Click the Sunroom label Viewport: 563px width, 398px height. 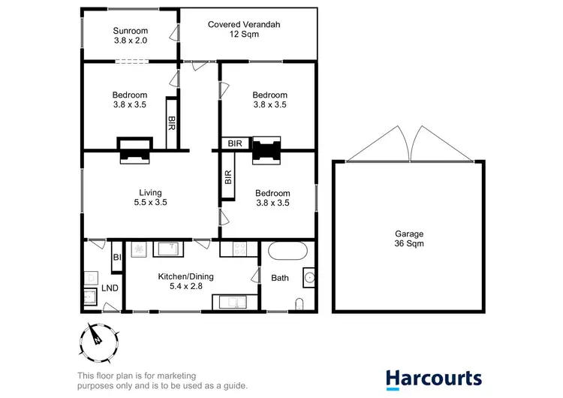pos(129,36)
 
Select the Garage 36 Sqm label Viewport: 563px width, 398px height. pos(408,239)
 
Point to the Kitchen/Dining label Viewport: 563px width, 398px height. pos(185,282)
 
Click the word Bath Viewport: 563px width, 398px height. pos(280,278)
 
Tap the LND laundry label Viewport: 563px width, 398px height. pos(109,288)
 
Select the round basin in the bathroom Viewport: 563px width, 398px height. pos(309,278)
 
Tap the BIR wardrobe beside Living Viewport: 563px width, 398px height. pos(227,177)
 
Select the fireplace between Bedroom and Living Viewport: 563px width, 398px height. pos(134,149)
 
